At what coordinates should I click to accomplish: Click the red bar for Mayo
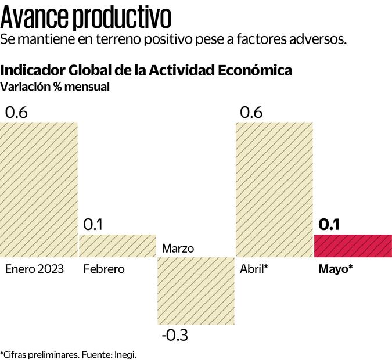tap(353, 246)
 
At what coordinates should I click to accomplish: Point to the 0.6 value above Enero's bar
tap(16, 113)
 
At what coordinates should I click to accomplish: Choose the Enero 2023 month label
tap(34, 269)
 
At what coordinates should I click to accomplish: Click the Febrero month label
tap(104, 269)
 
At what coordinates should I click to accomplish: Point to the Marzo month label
tap(178, 249)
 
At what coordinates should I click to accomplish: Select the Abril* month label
tap(254, 269)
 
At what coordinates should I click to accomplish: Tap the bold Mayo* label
tap(336, 269)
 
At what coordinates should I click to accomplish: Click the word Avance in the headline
tap(34, 19)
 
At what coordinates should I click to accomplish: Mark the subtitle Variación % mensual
tap(55, 87)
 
